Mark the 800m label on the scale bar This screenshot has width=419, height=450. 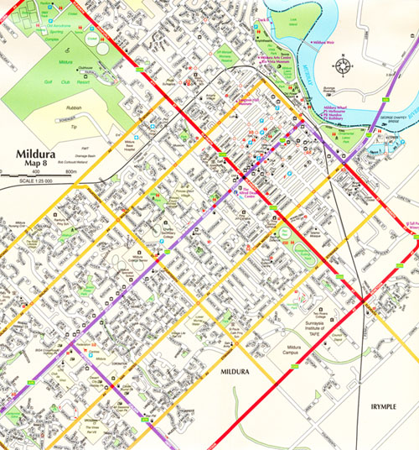[70, 171]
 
